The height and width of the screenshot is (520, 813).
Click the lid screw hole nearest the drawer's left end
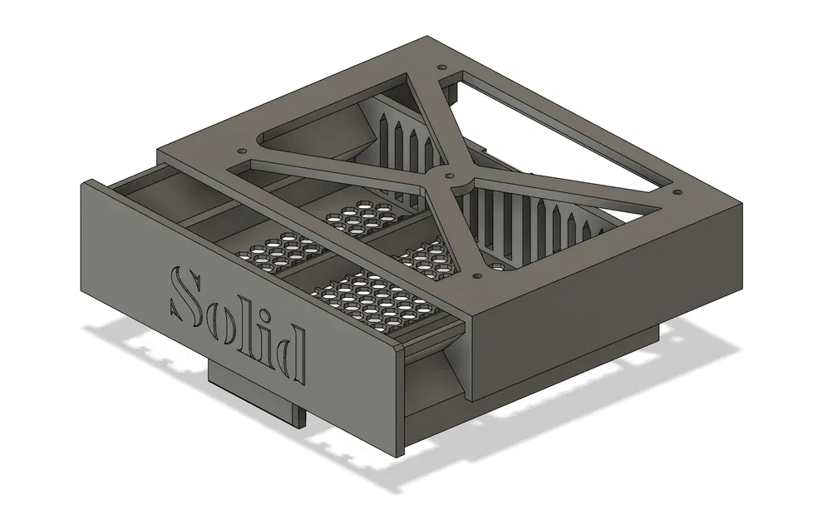point(242,151)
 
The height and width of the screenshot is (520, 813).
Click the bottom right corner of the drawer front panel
point(403,454)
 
